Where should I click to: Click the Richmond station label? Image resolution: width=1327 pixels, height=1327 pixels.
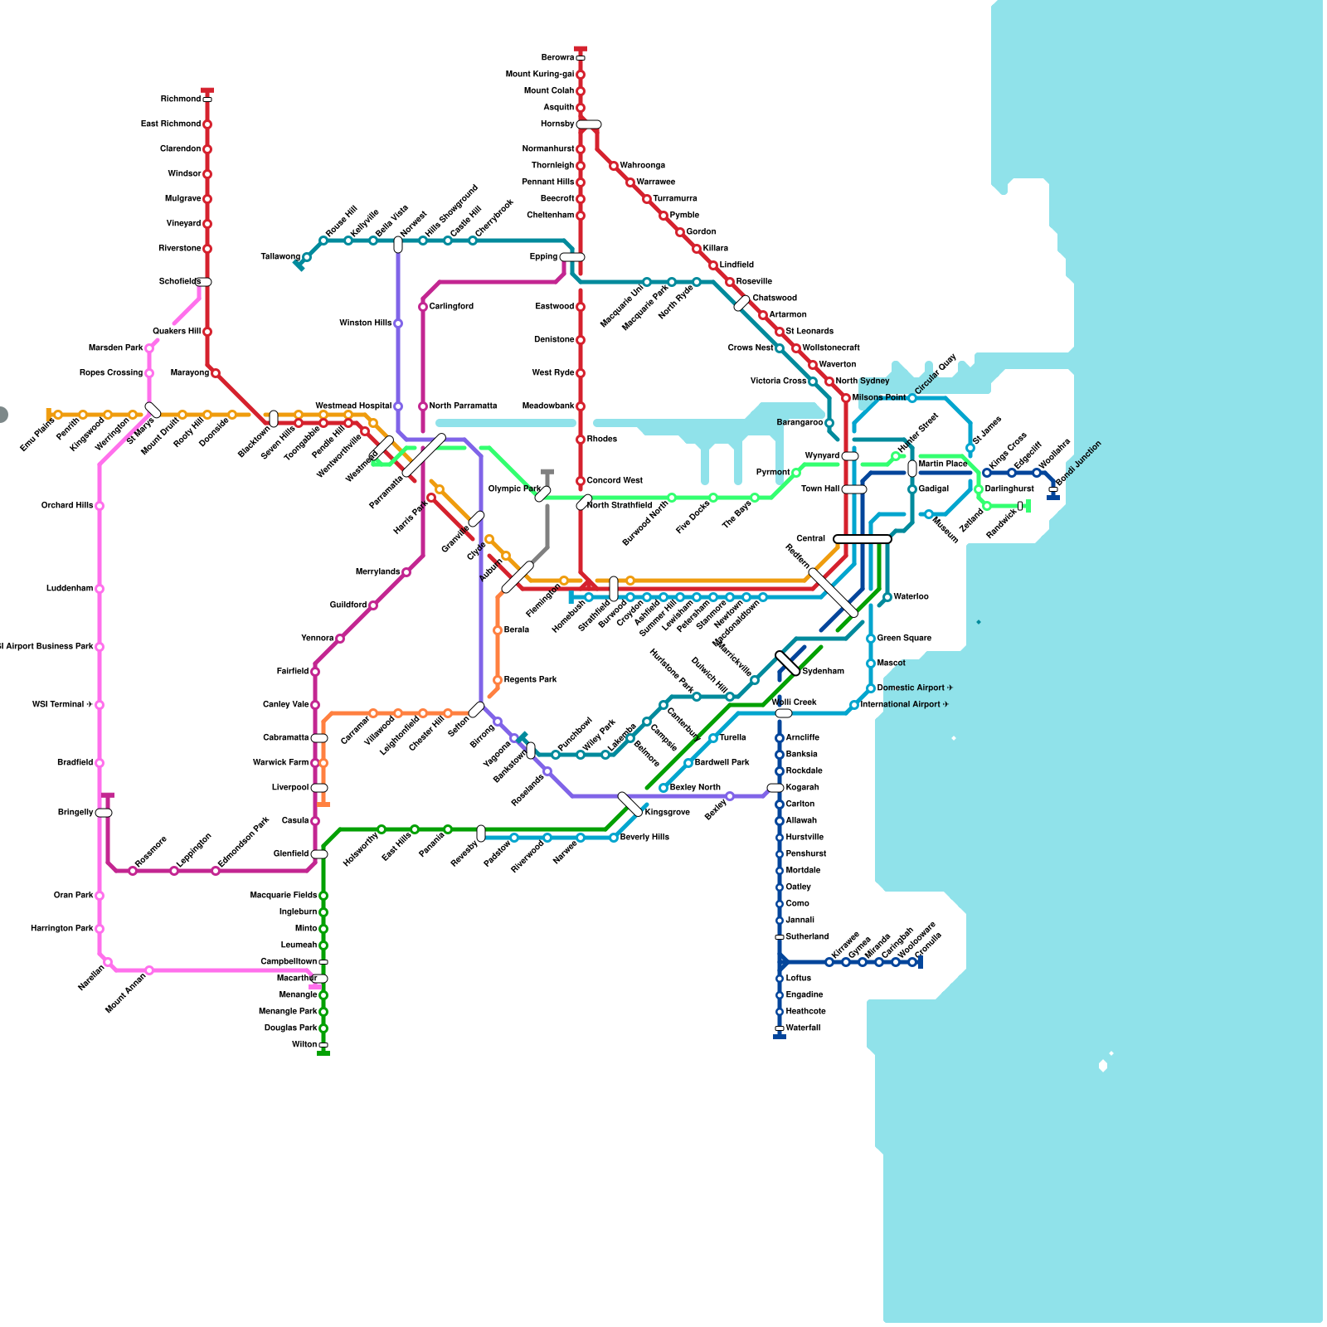pyautogui.click(x=180, y=100)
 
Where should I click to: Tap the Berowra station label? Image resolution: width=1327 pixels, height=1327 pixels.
pyautogui.click(x=557, y=58)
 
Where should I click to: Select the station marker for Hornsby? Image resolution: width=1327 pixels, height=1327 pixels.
pyautogui.click(x=589, y=124)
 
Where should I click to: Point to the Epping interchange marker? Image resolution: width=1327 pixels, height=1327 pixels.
pyautogui.click(x=572, y=257)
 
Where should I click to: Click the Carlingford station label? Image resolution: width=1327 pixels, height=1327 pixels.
pyautogui.click(x=451, y=307)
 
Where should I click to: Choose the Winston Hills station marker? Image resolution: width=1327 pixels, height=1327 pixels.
pyautogui.click(x=398, y=323)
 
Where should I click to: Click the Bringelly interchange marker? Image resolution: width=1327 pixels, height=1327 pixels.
pyautogui.click(x=104, y=813)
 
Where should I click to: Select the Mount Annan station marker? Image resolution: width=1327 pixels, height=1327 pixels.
pyautogui.click(x=149, y=970)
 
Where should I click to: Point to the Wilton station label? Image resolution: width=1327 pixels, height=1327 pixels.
pyautogui.click(x=304, y=1045)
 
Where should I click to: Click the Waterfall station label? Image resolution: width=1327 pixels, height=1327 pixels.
pyautogui.click(x=803, y=1028)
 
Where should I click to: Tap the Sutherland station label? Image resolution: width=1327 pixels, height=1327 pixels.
pyautogui.click(x=807, y=937)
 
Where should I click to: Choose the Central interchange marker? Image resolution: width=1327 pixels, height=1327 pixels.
pyautogui.click(x=863, y=539)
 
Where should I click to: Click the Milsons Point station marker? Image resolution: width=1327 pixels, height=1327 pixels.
pyautogui.click(x=846, y=398)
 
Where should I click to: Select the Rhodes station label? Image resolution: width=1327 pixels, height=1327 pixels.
pyautogui.click(x=601, y=440)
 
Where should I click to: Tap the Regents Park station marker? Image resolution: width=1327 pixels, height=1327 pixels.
pyautogui.click(x=498, y=680)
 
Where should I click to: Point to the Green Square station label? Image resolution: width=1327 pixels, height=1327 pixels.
pyautogui.click(x=904, y=639)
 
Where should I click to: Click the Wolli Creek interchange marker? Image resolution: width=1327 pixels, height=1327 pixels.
pyautogui.click(x=784, y=713)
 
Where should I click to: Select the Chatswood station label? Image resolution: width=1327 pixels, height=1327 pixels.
pyautogui.click(x=775, y=299)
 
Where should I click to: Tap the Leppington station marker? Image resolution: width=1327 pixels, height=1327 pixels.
pyautogui.click(x=174, y=871)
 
